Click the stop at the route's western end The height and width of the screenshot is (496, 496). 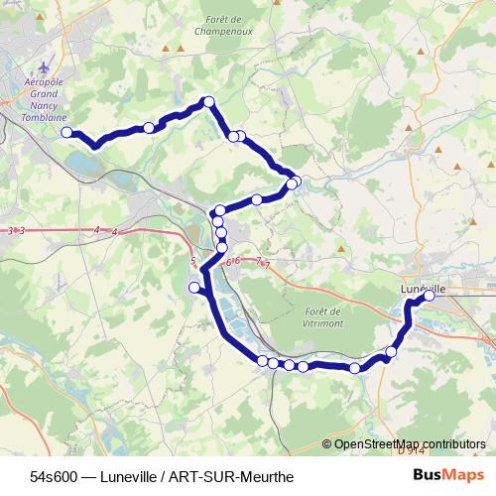(66, 132)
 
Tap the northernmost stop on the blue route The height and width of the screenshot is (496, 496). (208, 100)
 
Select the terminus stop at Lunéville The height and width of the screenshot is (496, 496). (430, 296)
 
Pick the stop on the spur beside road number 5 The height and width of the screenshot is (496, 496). (194, 288)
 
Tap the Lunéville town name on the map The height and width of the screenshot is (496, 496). (424, 287)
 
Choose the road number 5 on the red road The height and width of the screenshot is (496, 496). (192, 260)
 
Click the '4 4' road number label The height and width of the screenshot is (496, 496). (106, 231)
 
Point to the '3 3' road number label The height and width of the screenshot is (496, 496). (15, 231)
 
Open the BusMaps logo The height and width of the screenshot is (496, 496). (448, 475)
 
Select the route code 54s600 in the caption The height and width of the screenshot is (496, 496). (56, 476)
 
